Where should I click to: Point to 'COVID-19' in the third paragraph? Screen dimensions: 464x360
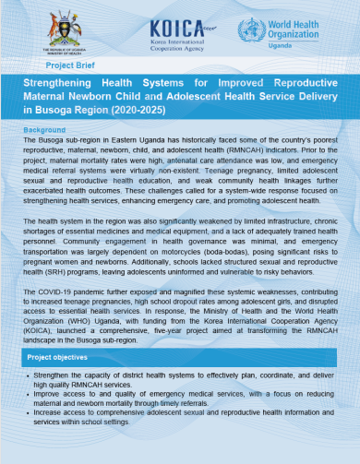55,291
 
